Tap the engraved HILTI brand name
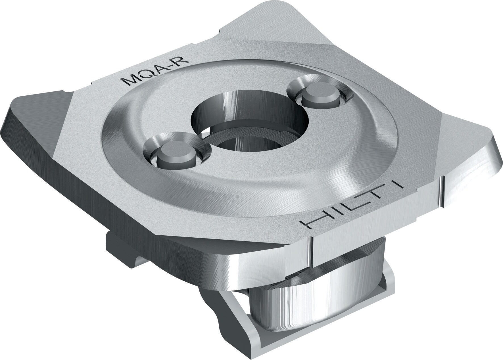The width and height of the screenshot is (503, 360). coord(355,206)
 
